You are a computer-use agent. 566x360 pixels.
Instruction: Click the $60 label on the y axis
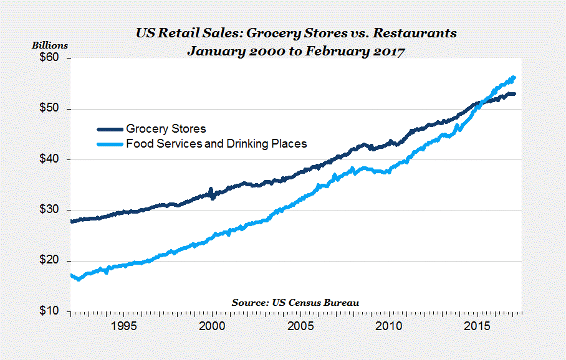coord(49,58)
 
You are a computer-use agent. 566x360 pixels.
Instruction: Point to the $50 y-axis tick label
coord(49,108)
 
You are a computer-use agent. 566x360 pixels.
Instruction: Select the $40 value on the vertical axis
coord(49,159)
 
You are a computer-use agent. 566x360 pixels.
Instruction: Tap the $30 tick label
coord(49,210)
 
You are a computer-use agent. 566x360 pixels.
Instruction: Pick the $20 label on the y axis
coord(49,260)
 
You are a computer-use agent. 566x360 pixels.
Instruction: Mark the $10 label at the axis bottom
coord(49,311)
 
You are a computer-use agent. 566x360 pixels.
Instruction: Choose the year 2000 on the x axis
coord(212,326)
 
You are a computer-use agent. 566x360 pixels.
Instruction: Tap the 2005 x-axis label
coord(301,326)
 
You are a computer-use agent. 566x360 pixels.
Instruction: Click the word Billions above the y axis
coord(50,45)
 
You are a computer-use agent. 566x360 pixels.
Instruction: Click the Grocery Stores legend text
coord(166,130)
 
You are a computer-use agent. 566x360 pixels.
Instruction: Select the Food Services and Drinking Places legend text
coord(216,144)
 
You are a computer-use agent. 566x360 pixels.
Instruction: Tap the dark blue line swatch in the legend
coord(110,130)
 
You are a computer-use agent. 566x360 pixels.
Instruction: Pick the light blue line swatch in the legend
coord(110,144)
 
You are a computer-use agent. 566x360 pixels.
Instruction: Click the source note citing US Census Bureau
coord(295,302)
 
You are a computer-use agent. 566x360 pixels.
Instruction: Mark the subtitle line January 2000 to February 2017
coord(296,51)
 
